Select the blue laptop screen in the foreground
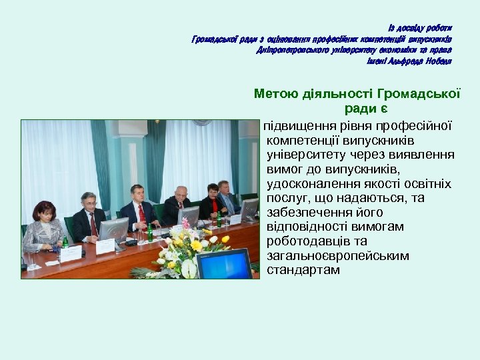pos(224,264)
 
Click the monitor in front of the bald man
pos(189,217)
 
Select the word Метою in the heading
pos(279,94)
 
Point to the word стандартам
pos(303,270)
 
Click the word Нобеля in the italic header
pos(436,61)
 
